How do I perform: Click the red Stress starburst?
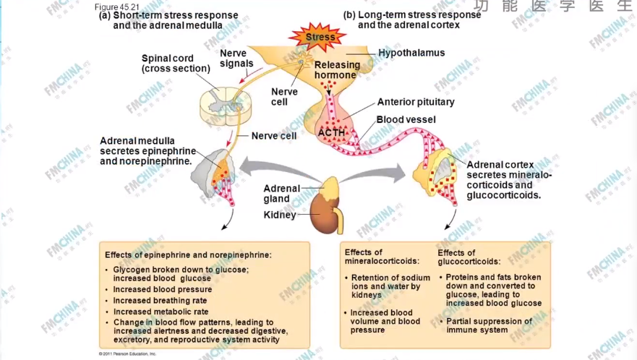(320, 36)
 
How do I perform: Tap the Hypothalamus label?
(411, 53)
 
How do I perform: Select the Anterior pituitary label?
(416, 102)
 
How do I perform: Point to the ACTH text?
(331, 132)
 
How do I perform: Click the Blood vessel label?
(406, 119)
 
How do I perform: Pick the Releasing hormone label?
(335, 70)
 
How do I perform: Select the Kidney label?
(280, 215)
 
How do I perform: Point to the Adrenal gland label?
(281, 194)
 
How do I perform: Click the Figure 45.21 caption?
(116, 7)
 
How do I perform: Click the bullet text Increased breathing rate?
(160, 301)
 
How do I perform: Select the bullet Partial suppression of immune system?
(489, 325)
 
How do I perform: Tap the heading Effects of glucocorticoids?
(469, 257)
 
